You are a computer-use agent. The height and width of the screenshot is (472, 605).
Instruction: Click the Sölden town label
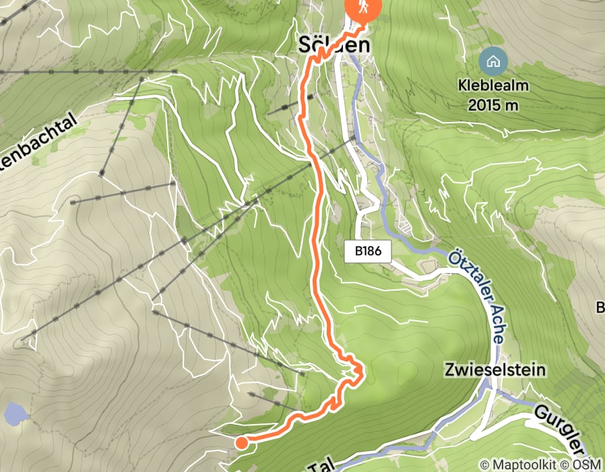[x=334, y=45]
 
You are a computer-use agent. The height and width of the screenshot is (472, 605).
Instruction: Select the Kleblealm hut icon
[x=493, y=62]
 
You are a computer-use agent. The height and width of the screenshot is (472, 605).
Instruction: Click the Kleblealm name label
[x=493, y=86]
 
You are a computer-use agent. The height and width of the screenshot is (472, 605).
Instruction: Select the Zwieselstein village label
[x=494, y=370]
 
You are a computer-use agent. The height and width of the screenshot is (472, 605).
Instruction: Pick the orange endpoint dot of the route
[x=241, y=442]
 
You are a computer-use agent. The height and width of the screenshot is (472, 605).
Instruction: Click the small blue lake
[x=12, y=412]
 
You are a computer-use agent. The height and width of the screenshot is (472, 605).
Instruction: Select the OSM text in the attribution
[x=586, y=465]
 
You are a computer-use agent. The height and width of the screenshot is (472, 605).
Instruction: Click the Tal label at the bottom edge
[x=323, y=465]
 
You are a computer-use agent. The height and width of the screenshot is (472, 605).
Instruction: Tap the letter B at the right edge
[x=600, y=308]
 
